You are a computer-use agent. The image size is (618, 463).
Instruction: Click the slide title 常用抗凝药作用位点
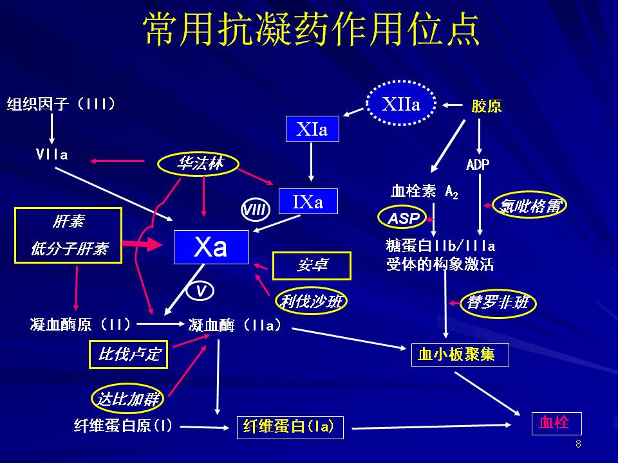(312, 29)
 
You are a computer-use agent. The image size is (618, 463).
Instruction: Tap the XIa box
(312, 130)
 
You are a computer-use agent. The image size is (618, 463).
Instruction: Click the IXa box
(308, 201)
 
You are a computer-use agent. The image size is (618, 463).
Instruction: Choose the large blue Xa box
(211, 247)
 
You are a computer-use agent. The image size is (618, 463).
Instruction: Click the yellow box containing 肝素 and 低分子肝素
(69, 235)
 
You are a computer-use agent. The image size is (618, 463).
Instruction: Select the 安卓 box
(312, 266)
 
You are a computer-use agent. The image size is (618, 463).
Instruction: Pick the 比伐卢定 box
(128, 354)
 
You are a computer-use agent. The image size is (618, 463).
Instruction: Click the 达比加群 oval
(127, 399)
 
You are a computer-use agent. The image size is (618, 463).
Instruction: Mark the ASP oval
(403, 219)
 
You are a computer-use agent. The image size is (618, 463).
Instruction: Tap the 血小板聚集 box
(460, 354)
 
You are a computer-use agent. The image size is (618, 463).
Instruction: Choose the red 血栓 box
(556, 423)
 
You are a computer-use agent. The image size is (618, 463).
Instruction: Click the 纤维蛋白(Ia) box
(290, 427)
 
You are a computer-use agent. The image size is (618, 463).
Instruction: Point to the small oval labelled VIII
(254, 209)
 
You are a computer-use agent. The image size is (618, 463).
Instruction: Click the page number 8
(578, 444)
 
